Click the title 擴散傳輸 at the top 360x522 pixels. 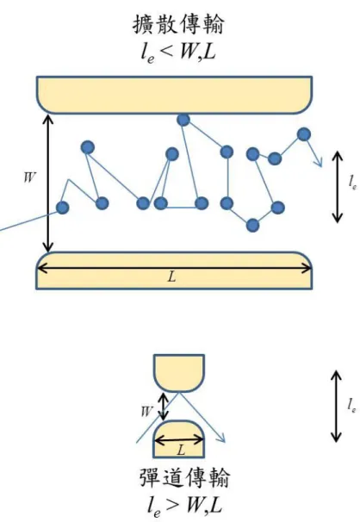point(178,24)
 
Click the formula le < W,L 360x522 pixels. point(178,52)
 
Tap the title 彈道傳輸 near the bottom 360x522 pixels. point(184,478)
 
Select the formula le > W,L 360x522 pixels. point(184,506)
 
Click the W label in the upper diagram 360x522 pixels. point(29,177)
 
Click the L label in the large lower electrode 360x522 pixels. point(171,277)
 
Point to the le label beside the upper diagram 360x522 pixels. point(353,183)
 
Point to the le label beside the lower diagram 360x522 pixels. point(352,406)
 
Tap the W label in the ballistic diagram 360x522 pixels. point(146,412)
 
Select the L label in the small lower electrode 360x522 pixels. point(181,451)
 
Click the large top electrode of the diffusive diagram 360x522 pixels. point(174,95)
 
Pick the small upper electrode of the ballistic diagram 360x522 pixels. point(179,373)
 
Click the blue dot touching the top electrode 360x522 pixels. point(183,120)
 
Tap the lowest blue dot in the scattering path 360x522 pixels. point(252,226)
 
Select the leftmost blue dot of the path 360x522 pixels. point(62,208)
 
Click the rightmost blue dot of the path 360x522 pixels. point(304,134)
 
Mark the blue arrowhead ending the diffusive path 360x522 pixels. point(319,163)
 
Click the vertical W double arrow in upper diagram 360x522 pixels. point(48,183)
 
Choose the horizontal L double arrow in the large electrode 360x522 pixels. point(174,268)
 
